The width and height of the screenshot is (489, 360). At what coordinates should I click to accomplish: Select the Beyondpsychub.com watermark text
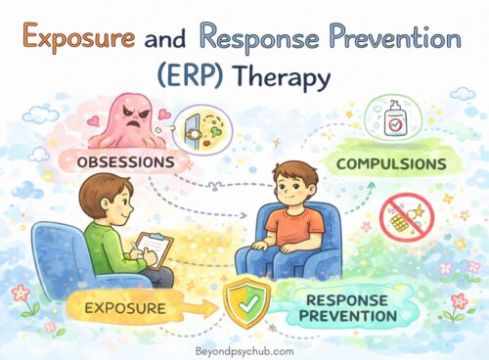244,346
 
